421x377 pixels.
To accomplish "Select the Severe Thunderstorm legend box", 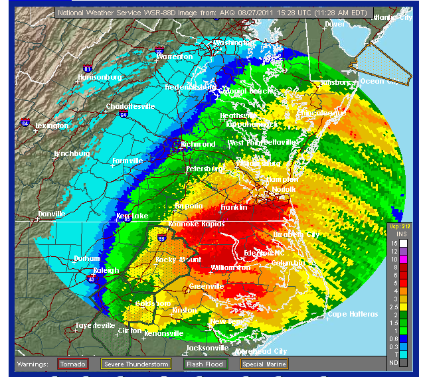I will point(135,364).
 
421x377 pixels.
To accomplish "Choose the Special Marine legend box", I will point(264,364).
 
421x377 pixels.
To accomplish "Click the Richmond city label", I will point(199,144).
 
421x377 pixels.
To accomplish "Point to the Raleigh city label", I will point(106,270).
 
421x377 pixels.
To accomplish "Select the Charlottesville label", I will point(130,106).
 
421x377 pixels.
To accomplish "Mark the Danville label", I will point(51,214).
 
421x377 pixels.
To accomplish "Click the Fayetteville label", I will point(93,325).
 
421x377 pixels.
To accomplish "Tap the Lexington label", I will point(52,125).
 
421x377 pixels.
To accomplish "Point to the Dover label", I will point(335,24).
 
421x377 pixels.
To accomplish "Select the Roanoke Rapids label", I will point(193,224).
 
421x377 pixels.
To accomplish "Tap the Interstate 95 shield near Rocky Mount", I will point(161,238).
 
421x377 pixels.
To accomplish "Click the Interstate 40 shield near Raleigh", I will point(91,279).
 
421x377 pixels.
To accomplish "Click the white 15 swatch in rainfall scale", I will point(403,244).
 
